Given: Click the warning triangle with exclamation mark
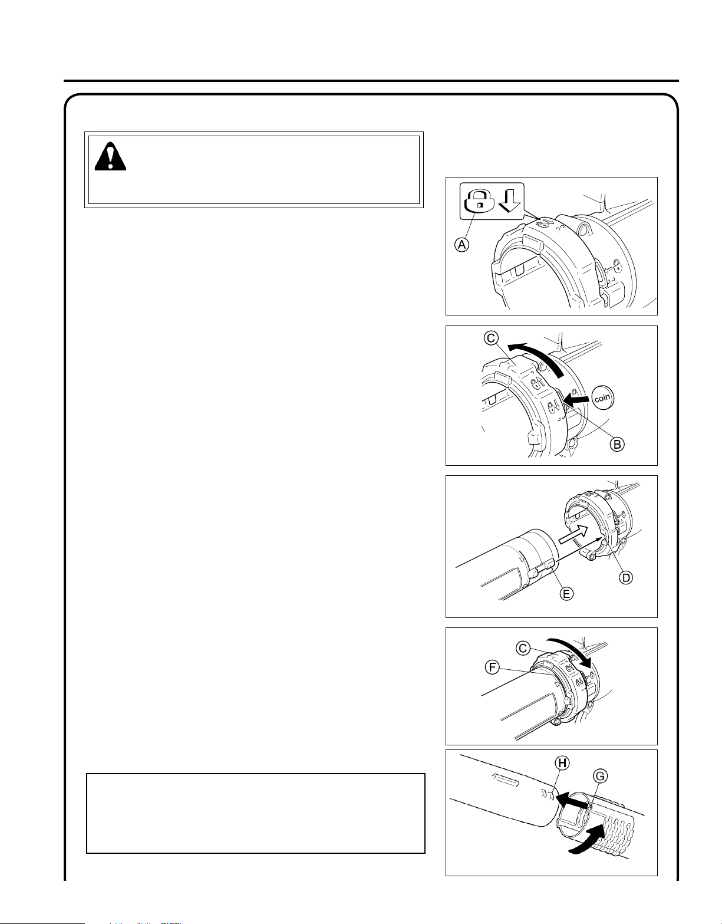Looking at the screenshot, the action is (110, 156).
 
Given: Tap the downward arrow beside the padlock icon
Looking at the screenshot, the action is (509, 200).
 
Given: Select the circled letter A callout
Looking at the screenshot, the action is (462, 245).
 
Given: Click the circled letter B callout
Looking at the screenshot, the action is (617, 445).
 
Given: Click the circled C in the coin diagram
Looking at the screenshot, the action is (491, 338).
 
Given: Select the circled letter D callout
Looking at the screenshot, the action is (626, 577).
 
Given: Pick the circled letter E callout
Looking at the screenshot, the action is (566, 594).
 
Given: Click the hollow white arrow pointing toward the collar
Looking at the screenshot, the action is (572, 534).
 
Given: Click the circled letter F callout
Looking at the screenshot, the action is (492, 667).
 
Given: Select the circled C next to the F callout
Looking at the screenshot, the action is (523, 649).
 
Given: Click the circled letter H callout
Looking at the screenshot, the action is (562, 763).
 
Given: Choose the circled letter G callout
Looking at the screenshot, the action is (600, 777).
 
